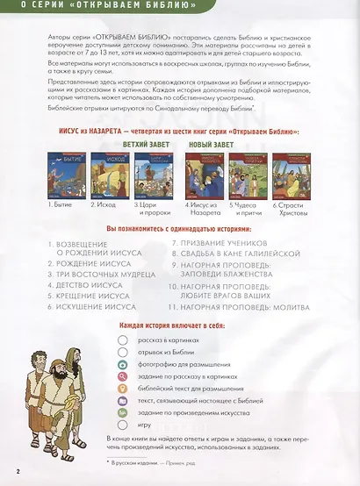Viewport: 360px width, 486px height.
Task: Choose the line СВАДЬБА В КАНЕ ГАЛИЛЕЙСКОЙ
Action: (227, 252)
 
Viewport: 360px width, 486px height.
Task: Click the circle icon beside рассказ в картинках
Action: (123, 339)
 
